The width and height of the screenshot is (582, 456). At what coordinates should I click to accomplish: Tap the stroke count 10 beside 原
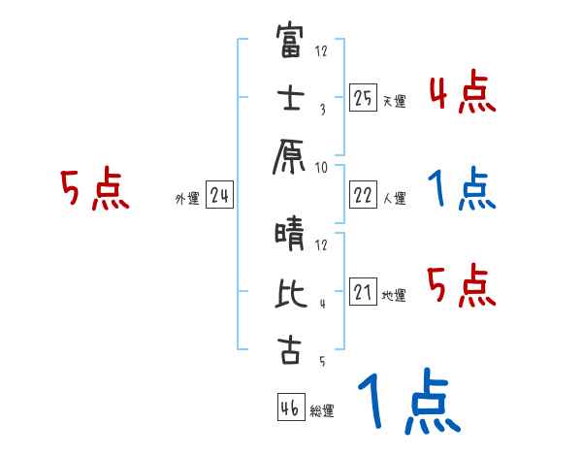click(x=322, y=167)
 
